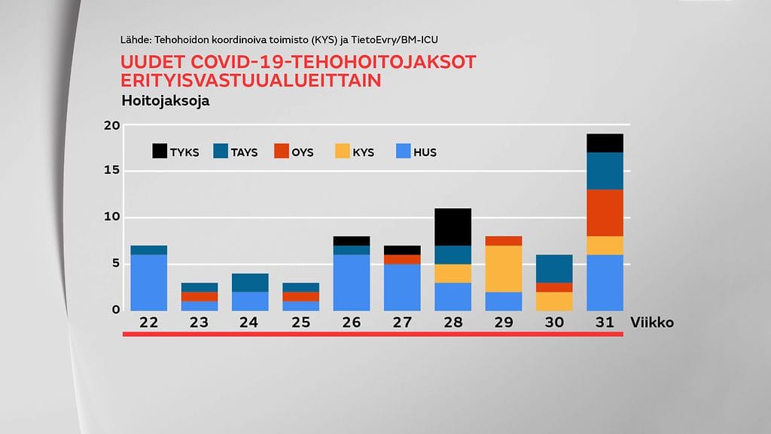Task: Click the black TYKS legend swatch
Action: [x=160, y=151]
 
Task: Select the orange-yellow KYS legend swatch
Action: [x=343, y=151]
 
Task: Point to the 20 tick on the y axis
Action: [x=111, y=126]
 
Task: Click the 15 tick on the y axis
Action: [x=111, y=171]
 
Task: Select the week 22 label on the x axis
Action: [x=148, y=322]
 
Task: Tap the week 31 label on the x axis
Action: [x=605, y=322]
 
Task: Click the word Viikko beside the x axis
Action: [x=652, y=322]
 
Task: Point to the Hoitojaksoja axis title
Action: [x=165, y=100]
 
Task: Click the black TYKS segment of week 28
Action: [x=453, y=227]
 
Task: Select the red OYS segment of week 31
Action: [x=605, y=212]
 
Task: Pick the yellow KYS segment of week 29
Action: [x=504, y=268]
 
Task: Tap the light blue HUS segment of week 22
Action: [x=148, y=283]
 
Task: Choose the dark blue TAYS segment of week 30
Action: [x=554, y=268]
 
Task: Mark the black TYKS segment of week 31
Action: [x=605, y=143]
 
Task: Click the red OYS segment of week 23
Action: [x=200, y=296]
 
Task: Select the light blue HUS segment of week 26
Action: [x=352, y=283]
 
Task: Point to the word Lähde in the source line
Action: [x=134, y=39]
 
